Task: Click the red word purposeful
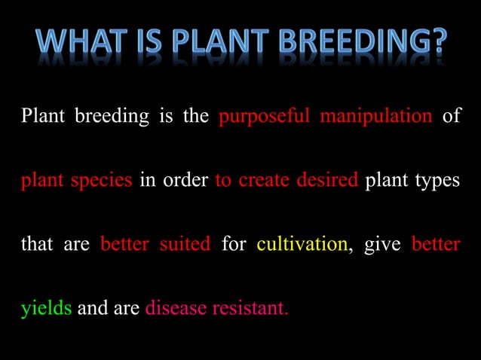coord(265,118)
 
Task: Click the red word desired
coord(327,182)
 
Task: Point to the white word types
coord(437,182)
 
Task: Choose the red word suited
coord(185,245)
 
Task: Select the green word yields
coord(46,310)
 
